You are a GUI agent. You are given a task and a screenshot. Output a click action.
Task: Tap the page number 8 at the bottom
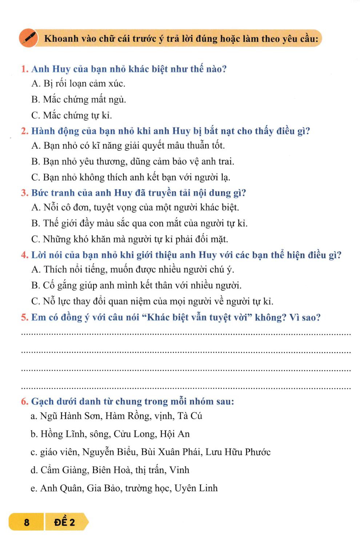click(26, 522)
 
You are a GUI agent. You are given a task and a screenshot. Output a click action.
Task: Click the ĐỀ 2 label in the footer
click(64, 522)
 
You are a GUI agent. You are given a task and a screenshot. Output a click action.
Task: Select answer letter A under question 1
click(35, 84)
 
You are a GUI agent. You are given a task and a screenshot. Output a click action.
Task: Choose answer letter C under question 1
click(35, 116)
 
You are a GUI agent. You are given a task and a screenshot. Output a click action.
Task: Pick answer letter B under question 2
click(35, 162)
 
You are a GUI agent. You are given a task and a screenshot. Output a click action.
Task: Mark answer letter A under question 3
click(35, 208)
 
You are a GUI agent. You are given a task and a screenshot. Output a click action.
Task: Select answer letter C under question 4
click(35, 302)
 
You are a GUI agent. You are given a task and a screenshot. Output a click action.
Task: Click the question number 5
click(24, 318)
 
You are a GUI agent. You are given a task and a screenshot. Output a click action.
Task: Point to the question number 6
click(24, 401)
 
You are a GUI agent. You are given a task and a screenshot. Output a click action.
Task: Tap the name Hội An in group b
click(175, 434)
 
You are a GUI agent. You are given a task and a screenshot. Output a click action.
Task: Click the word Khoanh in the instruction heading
click(61, 39)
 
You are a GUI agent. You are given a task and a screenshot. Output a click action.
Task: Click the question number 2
click(24, 131)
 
